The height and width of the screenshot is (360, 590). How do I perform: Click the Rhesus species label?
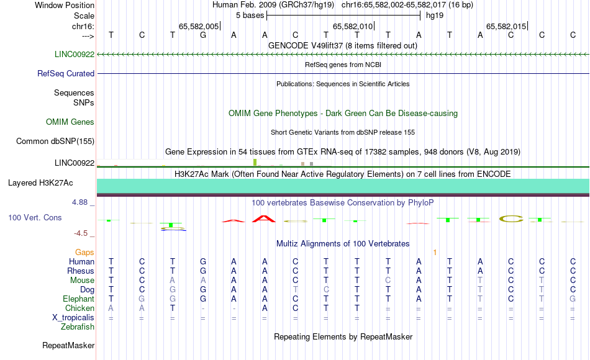(81, 271)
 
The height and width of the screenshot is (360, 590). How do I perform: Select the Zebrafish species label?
(78, 326)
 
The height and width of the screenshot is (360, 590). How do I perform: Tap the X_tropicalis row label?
(73, 318)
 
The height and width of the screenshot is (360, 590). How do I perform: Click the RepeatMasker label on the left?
(68, 345)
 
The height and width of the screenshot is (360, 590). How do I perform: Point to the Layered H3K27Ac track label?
(40, 183)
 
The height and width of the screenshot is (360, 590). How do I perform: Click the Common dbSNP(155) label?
(55, 142)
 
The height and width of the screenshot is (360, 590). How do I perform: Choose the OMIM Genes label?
(70, 122)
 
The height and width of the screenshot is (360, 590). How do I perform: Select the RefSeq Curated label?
(66, 74)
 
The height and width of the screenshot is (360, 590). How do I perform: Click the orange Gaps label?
(84, 253)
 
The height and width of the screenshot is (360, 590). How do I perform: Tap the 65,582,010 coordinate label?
(353, 26)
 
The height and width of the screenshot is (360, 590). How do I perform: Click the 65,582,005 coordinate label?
(199, 26)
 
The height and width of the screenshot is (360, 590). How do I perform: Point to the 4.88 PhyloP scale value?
(79, 202)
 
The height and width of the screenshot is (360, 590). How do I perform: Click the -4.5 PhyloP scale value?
(81, 233)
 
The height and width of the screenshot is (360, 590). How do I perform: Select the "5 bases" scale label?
(250, 16)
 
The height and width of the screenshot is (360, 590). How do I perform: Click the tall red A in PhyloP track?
(264, 218)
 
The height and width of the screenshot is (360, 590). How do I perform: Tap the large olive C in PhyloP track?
(511, 218)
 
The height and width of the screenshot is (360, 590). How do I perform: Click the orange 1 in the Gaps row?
(435, 253)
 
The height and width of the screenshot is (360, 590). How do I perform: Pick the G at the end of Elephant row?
(573, 299)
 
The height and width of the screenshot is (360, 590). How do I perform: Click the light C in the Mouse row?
(388, 281)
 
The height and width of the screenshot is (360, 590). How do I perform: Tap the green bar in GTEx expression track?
(255, 162)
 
